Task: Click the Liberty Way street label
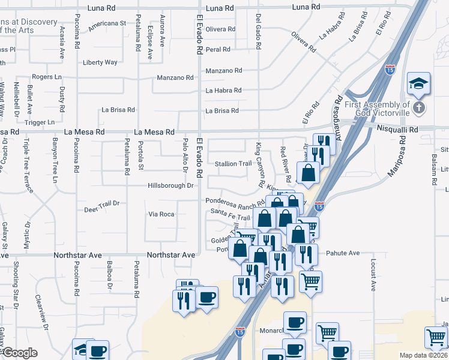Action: (x=100, y=62)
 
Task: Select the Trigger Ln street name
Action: (x=40, y=122)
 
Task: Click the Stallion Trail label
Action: (x=234, y=164)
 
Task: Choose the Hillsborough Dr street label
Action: (x=171, y=186)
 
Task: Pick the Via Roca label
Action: (x=161, y=214)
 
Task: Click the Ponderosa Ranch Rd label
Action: (x=235, y=202)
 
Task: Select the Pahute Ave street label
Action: (x=343, y=253)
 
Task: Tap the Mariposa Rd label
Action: (x=399, y=160)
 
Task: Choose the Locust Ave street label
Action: (x=373, y=275)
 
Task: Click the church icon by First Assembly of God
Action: (x=419, y=109)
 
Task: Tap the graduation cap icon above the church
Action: (x=418, y=82)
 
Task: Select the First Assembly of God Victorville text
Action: (x=377, y=109)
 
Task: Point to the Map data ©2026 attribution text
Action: (x=423, y=355)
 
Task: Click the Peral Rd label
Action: (x=218, y=50)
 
